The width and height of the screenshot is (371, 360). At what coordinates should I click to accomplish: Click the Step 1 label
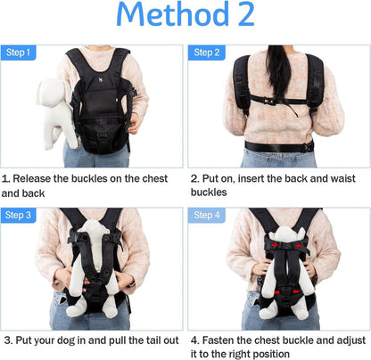[18, 53]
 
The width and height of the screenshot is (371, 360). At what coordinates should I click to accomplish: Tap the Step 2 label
[207, 53]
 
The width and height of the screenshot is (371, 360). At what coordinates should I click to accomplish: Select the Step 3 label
[18, 215]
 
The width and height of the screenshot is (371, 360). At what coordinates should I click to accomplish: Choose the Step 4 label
[207, 215]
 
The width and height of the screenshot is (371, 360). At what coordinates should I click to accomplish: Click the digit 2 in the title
[246, 14]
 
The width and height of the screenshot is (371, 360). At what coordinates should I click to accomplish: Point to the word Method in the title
[173, 13]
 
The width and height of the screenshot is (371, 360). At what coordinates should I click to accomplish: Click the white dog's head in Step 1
[54, 92]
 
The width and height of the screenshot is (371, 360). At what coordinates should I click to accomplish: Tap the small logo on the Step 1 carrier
[101, 79]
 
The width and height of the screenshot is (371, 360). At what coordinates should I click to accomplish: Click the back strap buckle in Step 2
[268, 102]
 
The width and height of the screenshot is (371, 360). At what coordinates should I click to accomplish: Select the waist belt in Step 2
[279, 147]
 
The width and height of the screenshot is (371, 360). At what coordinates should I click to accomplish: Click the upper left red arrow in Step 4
[275, 245]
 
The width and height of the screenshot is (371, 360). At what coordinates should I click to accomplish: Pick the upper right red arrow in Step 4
[299, 245]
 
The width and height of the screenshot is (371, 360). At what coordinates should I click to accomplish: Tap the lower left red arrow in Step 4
[277, 292]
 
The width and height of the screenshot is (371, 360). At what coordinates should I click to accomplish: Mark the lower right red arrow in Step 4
[295, 291]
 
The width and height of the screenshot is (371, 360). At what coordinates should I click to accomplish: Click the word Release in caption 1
[31, 178]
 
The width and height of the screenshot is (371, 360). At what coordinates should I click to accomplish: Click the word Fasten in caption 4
[218, 340]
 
